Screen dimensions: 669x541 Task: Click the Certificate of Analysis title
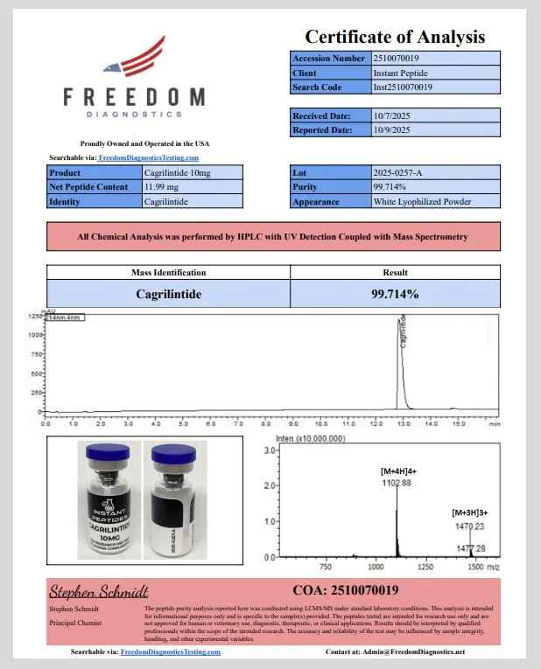pyautogui.click(x=394, y=37)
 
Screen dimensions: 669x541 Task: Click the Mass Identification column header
pyautogui.click(x=168, y=273)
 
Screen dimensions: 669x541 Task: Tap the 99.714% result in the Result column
pyautogui.click(x=395, y=294)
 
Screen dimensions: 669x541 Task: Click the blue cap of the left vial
pyautogui.click(x=108, y=452)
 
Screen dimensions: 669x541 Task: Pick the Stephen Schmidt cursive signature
pyautogui.click(x=99, y=591)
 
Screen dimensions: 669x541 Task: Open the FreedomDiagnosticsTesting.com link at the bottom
pyautogui.click(x=170, y=652)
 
